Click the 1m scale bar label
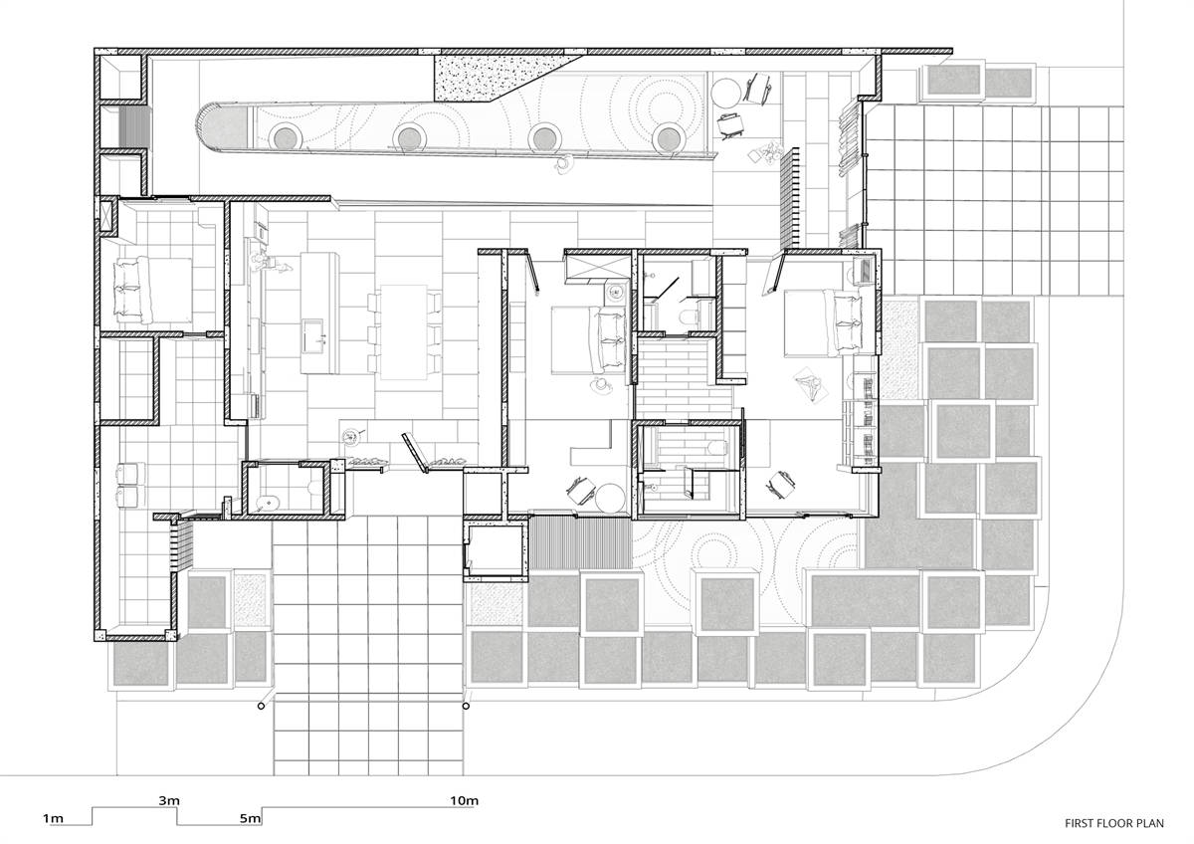pyautogui.click(x=53, y=818)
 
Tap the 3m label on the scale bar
pyautogui.click(x=169, y=800)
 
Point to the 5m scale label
pyautogui.click(x=250, y=818)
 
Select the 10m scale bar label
pyautogui.click(x=465, y=800)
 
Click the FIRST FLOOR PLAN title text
pyautogui.click(x=1114, y=824)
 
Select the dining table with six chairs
pyautogui.click(x=404, y=332)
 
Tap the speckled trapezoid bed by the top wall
pyautogui.click(x=501, y=78)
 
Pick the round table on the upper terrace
pyautogui.click(x=725, y=94)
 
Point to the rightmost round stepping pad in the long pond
pyautogui.click(x=669, y=138)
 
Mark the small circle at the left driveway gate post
pyautogui.click(x=261, y=706)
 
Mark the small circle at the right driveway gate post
pyautogui.click(x=466, y=706)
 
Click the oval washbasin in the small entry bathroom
pyautogui.click(x=265, y=503)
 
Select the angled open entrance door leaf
pyautogui.click(x=415, y=453)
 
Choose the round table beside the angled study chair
pyautogui.click(x=610, y=498)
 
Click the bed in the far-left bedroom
pyautogui.click(x=152, y=291)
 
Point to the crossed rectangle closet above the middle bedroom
pyautogui.click(x=599, y=267)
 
